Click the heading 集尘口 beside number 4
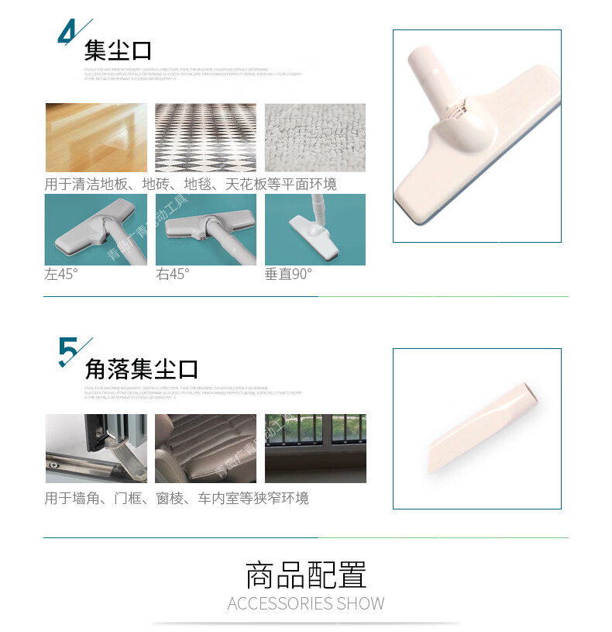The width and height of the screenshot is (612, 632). pyautogui.click(x=118, y=51)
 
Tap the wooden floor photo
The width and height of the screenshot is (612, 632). pyautogui.click(x=95, y=137)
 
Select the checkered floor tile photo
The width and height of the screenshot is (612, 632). pyautogui.click(x=205, y=137)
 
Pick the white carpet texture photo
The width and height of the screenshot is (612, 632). pyautogui.click(x=315, y=137)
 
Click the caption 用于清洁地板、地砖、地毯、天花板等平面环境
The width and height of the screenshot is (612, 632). pyautogui.click(x=191, y=184)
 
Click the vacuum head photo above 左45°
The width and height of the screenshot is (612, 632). pyautogui.click(x=95, y=230)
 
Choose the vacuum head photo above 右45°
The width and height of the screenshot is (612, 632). pyautogui.click(x=205, y=230)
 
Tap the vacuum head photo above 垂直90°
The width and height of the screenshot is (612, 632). pyautogui.click(x=315, y=230)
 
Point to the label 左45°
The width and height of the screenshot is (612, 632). pyautogui.click(x=61, y=274)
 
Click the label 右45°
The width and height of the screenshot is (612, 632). pyautogui.click(x=173, y=274)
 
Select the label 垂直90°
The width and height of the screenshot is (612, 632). pyautogui.click(x=288, y=274)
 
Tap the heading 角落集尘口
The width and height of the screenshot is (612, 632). pyautogui.click(x=142, y=368)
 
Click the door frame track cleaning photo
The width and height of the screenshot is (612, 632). pyautogui.click(x=95, y=448)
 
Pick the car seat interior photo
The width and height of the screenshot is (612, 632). pyautogui.click(x=205, y=448)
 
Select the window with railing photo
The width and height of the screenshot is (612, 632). pyautogui.click(x=315, y=448)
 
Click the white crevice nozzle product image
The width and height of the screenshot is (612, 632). pyautogui.click(x=476, y=428)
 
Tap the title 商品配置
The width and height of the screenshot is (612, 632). pyautogui.click(x=306, y=575)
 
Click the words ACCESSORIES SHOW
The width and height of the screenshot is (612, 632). pyautogui.click(x=306, y=603)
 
